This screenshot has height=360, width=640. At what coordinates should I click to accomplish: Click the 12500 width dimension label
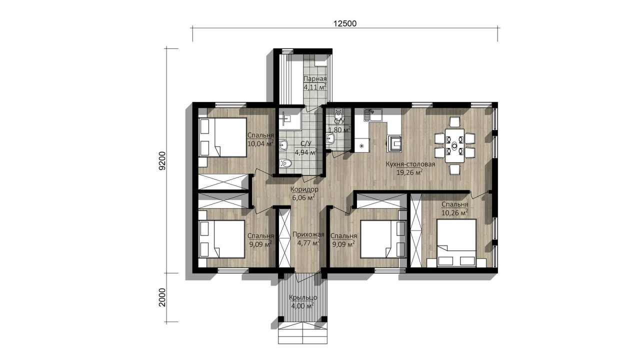point(345,23)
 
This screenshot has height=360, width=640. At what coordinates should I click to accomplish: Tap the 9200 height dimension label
point(162,161)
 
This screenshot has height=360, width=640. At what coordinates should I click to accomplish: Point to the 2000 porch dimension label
point(162,297)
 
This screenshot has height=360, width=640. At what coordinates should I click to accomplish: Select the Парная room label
point(315,79)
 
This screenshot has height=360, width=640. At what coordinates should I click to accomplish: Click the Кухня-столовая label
point(410,164)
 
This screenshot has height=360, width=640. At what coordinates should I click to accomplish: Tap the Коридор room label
point(304,189)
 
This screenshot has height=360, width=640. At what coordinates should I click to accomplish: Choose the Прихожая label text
point(308,234)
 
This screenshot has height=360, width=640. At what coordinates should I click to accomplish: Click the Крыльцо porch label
point(303,297)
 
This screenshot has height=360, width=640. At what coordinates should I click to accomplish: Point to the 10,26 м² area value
point(455,212)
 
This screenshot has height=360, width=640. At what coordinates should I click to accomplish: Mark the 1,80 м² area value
point(339,130)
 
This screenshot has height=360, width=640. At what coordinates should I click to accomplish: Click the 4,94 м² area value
point(305,152)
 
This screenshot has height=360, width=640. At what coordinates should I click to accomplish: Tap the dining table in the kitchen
point(454,145)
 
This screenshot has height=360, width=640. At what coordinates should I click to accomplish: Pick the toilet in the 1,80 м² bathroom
point(338,114)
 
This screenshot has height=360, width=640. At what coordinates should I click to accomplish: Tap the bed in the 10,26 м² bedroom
point(456,243)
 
